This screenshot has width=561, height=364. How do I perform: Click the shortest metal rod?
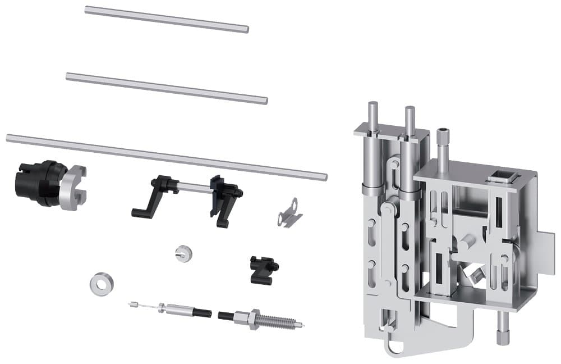tap(167, 20)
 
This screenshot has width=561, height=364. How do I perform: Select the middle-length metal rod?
tap(167, 88)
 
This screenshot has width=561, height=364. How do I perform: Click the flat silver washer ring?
tap(99, 283)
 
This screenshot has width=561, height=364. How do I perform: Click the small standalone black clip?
tap(263, 269)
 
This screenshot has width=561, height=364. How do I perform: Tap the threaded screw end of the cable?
tap(281, 320)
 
